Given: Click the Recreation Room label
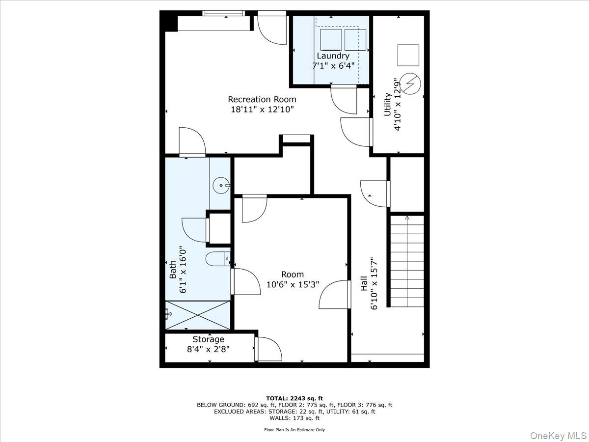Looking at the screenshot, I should click(x=262, y=100).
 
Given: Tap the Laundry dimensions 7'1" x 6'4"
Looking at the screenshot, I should click(x=333, y=65).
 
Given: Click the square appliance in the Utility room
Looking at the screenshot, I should click(x=408, y=55).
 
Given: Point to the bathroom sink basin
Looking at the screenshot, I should click(x=221, y=186).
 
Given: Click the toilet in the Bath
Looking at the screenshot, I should click(x=216, y=259).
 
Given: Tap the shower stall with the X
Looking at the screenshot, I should click(x=198, y=315).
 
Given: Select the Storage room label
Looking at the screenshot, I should click(x=208, y=339).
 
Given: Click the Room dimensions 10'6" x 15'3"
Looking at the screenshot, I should click(x=293, y=284).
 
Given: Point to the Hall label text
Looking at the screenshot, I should click(x=364, y=283).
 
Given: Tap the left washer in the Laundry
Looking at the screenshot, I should click(x=331, y=39).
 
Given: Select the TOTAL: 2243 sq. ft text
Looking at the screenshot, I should click(x=294, y=398).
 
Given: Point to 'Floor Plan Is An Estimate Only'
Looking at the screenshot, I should click(x=294, y=430).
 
